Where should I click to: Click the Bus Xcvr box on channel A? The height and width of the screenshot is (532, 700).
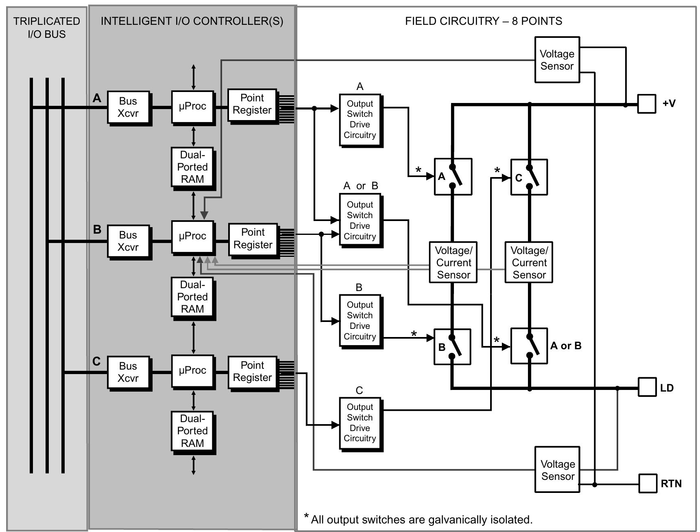[x=128, y=107]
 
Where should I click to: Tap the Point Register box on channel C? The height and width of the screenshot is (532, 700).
[x=252, y=372]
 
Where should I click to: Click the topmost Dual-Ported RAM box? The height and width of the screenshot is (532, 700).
[x=192, y=167]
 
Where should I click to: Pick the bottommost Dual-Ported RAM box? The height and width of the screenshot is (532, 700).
[x=192, y=431]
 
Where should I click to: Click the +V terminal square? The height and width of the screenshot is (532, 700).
[x=646, y=104]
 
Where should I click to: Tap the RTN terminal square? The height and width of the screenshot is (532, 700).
[x=648, y=483]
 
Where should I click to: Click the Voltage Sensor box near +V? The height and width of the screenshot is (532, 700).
[x=557, y=60]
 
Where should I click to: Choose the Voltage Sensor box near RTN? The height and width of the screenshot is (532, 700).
[x=557, y=470]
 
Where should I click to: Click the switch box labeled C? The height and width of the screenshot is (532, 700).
[x=529, y=177]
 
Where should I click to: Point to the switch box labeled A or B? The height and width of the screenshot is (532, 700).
[x=529, y=346]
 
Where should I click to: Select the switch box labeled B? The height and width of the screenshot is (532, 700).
[x=452, y=347]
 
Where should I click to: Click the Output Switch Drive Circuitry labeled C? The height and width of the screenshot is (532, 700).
[x=360, y=423]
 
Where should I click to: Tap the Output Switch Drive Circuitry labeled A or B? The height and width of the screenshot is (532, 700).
[x=360, y=220]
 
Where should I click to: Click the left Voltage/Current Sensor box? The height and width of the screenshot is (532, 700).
[x=453, y=263]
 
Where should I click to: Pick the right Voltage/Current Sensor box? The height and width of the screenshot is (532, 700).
[x=529, y=263]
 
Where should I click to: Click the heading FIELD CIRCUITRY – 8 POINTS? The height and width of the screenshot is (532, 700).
[x=483, y=21]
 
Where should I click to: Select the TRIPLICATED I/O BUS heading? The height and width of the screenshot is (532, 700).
[x=47, y=28]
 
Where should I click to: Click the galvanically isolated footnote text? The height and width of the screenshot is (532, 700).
[x=421, y=520]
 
